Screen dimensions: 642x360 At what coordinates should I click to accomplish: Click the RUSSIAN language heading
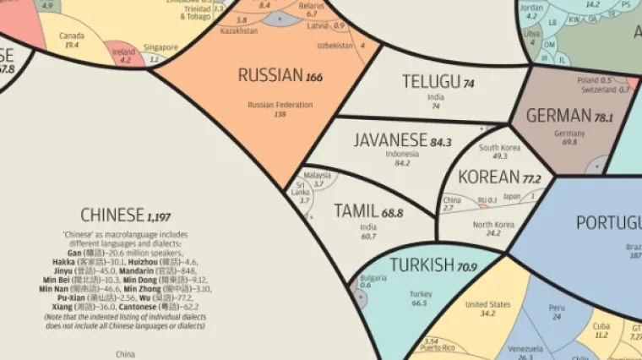click(269, 76)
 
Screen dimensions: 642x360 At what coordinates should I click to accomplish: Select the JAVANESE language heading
click(391, 140)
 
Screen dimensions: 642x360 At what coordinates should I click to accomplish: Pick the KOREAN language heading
click(488, 177)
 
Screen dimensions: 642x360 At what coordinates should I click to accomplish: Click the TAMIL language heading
click(356, 211)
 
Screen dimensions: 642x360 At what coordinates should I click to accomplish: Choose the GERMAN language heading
click(558, 116)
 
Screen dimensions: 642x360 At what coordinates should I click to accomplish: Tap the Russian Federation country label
click(280, 105)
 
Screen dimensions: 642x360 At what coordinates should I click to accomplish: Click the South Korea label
click(499, 147)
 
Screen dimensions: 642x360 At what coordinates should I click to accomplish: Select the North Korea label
click(493, 224)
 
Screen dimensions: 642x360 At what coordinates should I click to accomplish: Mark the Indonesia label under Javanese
click(402, 155)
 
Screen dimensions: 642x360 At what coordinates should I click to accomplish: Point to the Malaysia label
click(317, 175)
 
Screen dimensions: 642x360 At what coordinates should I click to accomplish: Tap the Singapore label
click(160, 47)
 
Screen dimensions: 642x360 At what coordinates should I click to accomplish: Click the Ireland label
click(123, 52)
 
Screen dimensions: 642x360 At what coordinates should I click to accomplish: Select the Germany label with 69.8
click(569, 134)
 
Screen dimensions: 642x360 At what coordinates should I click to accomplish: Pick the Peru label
click(556, 308)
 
